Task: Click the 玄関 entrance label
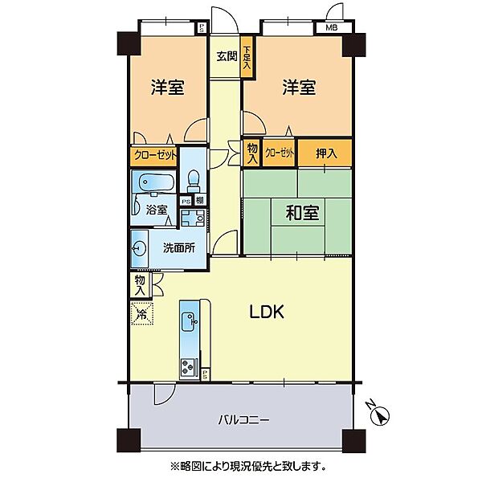tap(226, 56)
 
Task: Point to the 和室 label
tap(302, 213)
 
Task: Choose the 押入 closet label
tap(326, 153)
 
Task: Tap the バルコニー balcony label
tap(243, 419)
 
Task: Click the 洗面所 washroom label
tap(179, 248)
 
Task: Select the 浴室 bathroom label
tap(157, 210)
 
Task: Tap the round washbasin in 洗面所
tap(140, 249)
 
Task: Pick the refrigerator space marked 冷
tap(141, 313)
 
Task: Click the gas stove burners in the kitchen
tap(190, 367)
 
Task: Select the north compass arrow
tap(382, 415)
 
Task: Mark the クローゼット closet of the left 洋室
tap(154, 155)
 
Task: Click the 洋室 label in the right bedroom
tap(298, 87)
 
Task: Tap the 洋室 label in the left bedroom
tap(168, 87)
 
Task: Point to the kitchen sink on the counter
tap(192, 321)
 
